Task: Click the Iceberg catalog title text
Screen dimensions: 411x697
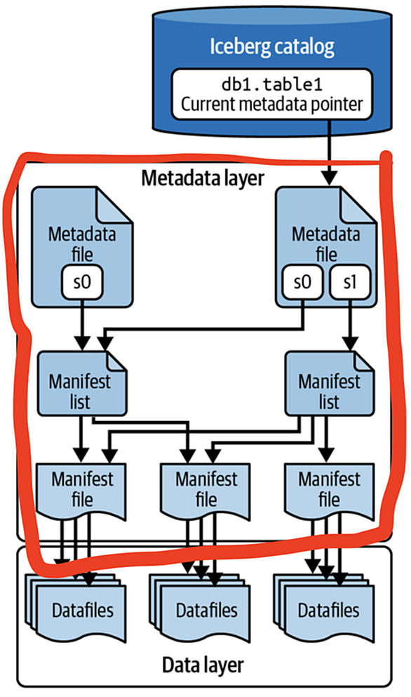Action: coord(271,47)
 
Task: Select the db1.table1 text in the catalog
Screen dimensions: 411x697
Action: coord(271,84)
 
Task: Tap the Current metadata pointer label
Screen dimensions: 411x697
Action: coord(271,104)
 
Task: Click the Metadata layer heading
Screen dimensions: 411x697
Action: coord(203,178)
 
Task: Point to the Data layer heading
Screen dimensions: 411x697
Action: coord(203,665)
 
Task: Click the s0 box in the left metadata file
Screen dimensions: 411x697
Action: coord(82,282)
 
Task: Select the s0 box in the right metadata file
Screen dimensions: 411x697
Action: coord(302,282)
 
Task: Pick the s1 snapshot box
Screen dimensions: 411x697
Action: coord(350,282)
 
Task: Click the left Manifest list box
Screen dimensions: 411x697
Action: coord(82,384)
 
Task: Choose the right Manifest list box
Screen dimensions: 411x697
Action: coord(329,384)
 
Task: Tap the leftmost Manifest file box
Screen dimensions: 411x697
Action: coord(81,491)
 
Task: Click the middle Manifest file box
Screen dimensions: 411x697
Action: coord(205,491)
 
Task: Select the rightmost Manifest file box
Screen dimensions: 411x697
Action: coord(329,491)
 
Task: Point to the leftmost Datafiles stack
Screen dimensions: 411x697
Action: coord(76,608)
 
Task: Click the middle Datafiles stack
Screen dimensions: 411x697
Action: coord(200,608)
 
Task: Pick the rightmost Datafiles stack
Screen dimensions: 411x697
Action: coord(323,608)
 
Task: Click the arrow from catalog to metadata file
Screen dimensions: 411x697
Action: coord(329,152)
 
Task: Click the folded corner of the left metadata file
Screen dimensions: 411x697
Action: coord(113,206)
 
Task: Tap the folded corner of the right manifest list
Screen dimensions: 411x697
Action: coord(363,361)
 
